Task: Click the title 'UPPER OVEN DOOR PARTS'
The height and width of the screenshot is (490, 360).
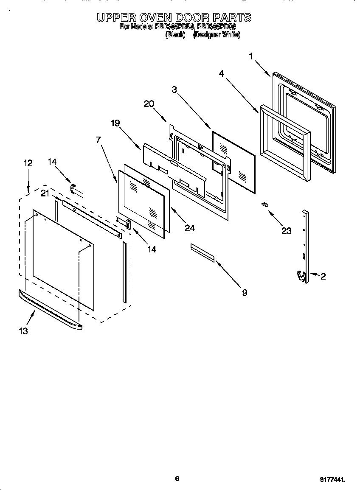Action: (x=174, y=17)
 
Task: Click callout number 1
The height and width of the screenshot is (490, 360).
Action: (x=251, y=56)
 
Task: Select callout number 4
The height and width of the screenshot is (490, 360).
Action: (x=222, y=73)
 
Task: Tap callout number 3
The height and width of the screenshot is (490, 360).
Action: (x=174, y=90)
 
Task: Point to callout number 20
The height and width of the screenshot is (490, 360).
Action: (x=149, y=104)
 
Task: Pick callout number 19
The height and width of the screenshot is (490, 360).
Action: (x=115, y=123)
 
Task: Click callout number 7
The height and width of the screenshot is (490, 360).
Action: (x=98, y=140)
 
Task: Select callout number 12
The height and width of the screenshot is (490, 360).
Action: (x=28, y=163)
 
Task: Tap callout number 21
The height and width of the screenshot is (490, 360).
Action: (x=45, y=194)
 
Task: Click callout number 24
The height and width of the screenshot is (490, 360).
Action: (x=189, y=228)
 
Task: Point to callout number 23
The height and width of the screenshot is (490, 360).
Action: (x=287, y=231)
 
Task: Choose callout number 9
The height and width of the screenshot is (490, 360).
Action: (x=245, y=292)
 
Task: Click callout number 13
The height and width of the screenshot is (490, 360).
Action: (x=23, y=331)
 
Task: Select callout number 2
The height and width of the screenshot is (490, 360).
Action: (x=323, y=277)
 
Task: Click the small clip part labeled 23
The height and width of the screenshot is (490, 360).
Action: (x=265, y=204)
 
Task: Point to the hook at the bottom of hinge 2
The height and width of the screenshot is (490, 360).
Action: (x=302, y=276)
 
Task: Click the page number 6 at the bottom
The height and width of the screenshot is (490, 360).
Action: (x=177, y=479)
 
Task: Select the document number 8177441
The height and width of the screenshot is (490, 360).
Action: (x=332, y=479)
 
